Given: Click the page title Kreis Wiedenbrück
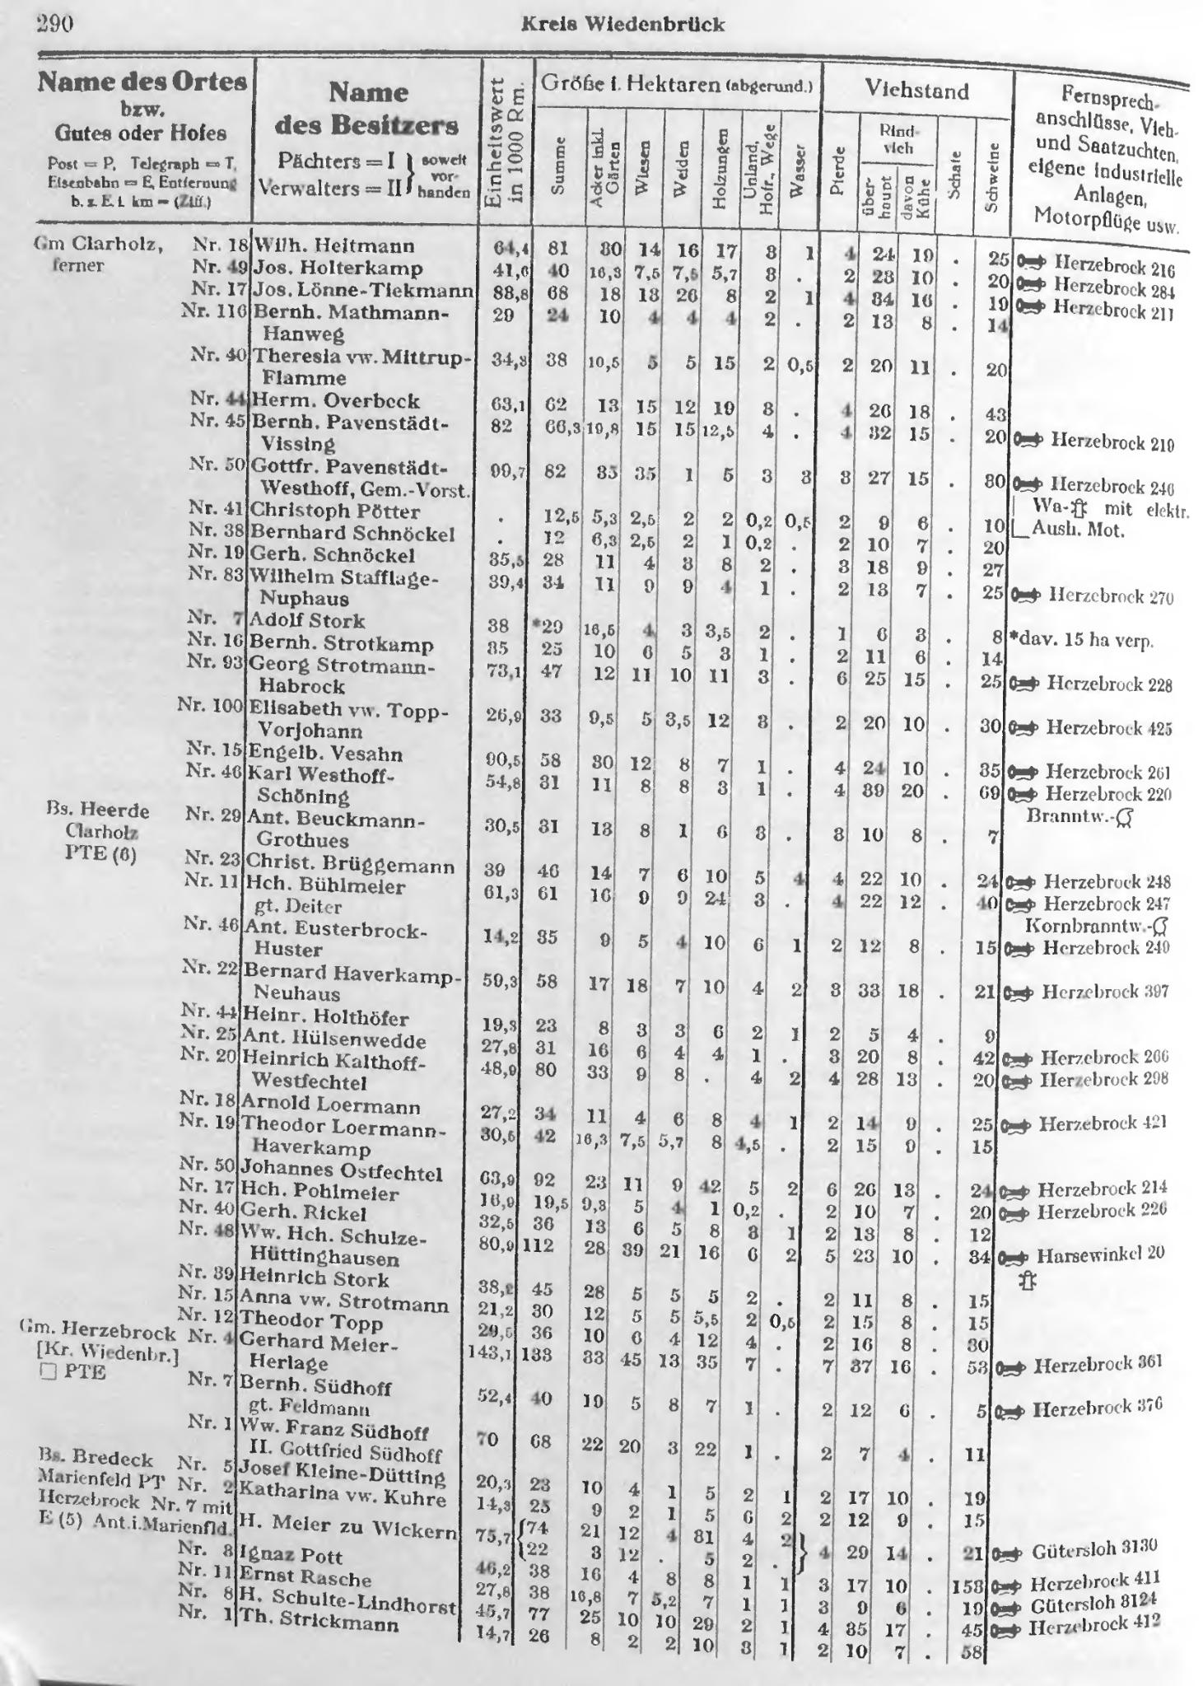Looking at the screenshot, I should pos(623,24).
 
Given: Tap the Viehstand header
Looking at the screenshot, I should pos(916,90).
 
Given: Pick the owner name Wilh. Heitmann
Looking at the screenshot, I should pos(334,245).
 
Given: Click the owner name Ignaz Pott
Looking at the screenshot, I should pos(291,1555).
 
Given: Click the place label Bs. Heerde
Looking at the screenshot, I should pos(98,810).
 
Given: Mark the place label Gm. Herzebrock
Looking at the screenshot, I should pos(97,1333).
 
